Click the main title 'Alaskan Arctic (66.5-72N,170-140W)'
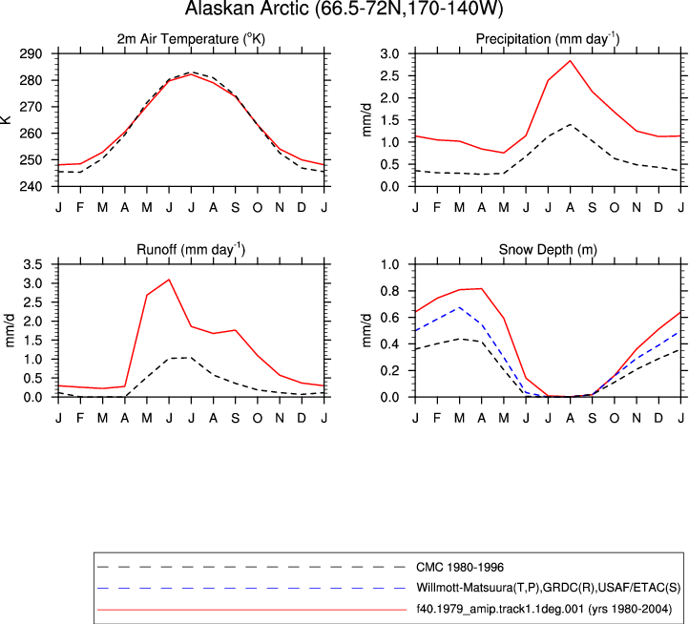[x=344, y=9]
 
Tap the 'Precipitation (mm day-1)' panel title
[x=548, y=39]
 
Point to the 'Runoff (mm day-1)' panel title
[x=191, y=250]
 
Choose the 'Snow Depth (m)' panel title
[x=548, y=250]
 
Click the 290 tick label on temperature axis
[x=31, y=54]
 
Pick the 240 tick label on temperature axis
[x=31, y=187]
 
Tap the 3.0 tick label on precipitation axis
[x=389, y=54]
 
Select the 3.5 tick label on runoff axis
[x=33, y=264]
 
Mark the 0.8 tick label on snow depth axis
[x=389, y=291]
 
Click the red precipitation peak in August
[x=570, y=61]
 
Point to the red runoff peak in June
[x=169, y=280]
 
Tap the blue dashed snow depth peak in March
[x=460, y=307]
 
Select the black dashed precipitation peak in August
[x=570, y=124]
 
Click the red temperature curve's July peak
[x=191, y=74]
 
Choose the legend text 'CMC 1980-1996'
[x=460, y=568]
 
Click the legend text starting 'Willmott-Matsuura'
[x=549, y=588]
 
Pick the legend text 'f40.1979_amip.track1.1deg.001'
[x=500, y=609]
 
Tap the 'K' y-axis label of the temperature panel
[x=6, y=119]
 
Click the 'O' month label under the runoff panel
[x=258, y=418]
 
